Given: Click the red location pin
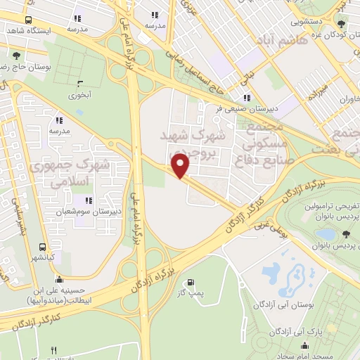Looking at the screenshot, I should (181, 165).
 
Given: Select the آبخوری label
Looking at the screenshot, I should (79, 93).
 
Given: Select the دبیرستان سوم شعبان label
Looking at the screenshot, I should (100, 210).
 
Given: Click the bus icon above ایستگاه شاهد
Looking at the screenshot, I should (28, 20).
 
